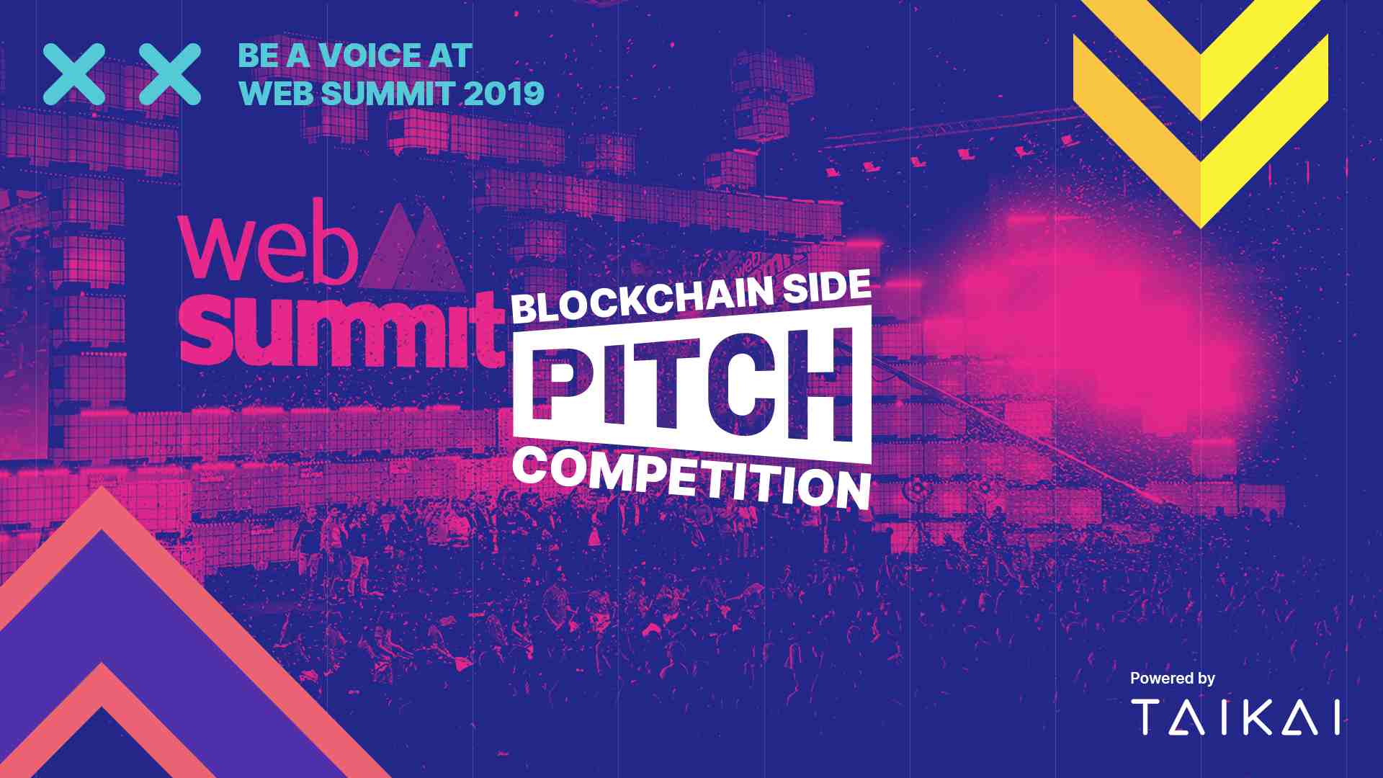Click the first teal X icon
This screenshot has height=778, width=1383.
74,74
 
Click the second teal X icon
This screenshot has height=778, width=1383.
170,74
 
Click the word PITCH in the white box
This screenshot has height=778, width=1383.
692,385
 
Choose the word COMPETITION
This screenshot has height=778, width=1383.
691,476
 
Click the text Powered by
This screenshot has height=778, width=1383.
1172,679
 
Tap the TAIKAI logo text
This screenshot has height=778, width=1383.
1235,717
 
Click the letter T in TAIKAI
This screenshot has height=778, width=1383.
1146,717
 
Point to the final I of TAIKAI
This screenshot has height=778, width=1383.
1336,717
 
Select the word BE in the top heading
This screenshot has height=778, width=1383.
259,56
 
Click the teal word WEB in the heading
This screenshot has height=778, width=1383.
277,94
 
